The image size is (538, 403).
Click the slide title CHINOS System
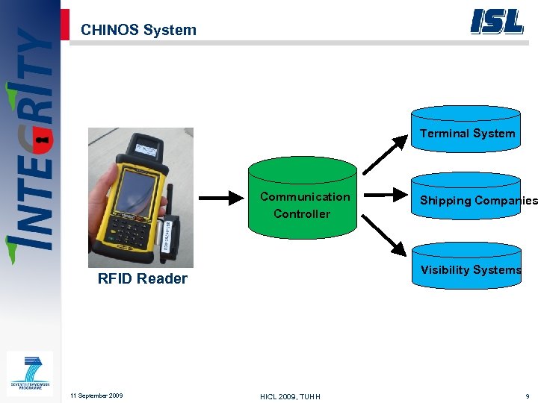[x=138, y=31]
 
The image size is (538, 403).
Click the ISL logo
[x=496, y=22]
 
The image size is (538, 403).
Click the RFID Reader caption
[x=143, y=279]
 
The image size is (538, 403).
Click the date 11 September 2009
[x=96, y=396]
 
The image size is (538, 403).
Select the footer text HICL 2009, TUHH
[x=291, y=396]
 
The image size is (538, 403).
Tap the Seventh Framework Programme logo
[x=31, y=373]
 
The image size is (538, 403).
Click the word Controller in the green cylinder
[x=301, y=214]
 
